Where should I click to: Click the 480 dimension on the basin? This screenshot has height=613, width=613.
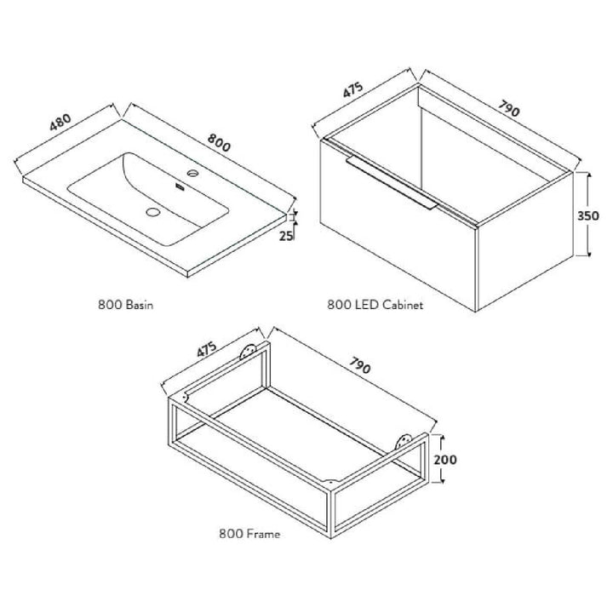[60, 122]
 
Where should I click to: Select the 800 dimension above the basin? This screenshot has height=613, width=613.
[219, 142]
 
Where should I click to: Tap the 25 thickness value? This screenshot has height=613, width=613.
[286, 236]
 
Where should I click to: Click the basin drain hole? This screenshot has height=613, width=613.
[153, 212]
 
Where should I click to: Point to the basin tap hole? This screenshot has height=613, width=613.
[192, 172]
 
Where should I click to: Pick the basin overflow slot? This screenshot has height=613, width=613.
[180, 186]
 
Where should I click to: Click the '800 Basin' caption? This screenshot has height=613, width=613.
[125, 305]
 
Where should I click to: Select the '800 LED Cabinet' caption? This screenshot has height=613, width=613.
[375, 305]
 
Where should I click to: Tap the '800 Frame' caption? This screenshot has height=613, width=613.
[249, 534]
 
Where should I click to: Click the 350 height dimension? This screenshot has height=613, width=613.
[588, 215]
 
